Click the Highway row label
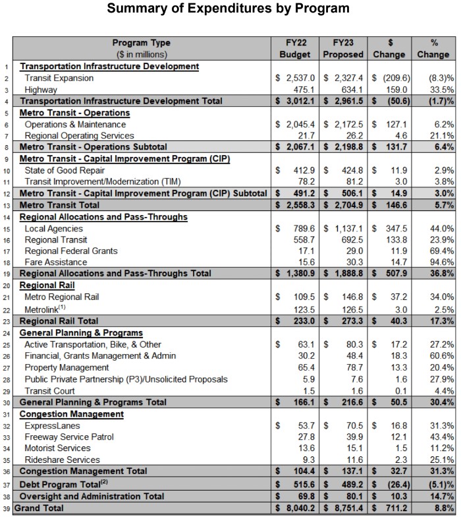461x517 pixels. click(42, 90)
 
